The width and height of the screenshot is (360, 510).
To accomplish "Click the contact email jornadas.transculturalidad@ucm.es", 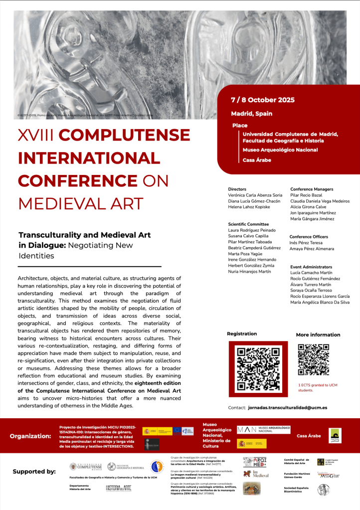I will (x=287, y=407).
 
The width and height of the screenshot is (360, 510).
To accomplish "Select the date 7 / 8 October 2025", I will (x=262, y=100).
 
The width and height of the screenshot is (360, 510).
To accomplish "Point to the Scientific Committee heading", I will (x=248, y=224).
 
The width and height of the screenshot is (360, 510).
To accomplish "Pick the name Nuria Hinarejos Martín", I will (x=249, y=271).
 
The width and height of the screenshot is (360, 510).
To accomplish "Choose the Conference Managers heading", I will (x=312, y=189).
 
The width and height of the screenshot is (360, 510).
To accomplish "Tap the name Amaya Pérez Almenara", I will (x=312, y=248).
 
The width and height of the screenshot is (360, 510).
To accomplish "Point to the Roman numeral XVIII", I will (x=38, y=135).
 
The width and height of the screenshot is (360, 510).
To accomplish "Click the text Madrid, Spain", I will (x=251, y=114).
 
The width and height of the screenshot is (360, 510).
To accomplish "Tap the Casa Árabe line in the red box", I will (x=255, y=160).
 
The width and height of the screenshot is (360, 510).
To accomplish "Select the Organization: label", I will (x=30, y=436).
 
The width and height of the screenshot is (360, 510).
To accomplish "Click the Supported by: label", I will (x=34, y=471).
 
